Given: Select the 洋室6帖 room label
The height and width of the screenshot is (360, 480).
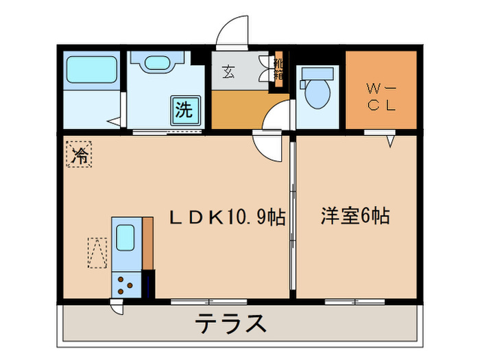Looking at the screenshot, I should [355, 217].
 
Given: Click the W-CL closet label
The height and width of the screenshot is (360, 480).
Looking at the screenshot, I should [381, 96].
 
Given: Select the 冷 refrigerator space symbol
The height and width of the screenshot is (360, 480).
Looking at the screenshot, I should [80, 153].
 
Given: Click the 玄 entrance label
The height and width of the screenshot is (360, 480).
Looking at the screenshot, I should [228, 71].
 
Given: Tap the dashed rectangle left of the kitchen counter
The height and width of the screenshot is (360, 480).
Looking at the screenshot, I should [97, 252].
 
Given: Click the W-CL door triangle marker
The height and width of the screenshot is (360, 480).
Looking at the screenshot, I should [390, 142].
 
